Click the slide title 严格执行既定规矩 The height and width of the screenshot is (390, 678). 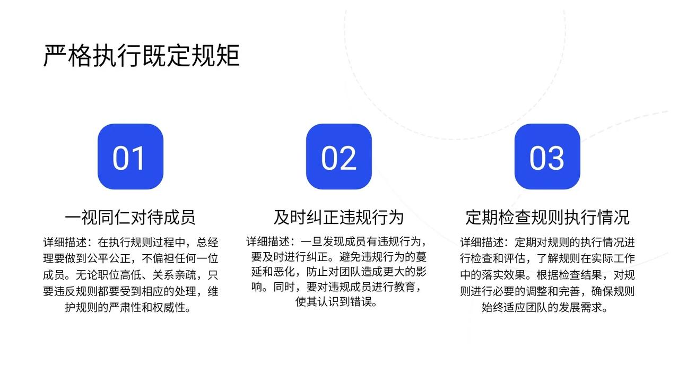coord(141,56)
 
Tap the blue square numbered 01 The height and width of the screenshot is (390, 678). coord(130,157)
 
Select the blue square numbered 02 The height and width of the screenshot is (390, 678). coord(338,157)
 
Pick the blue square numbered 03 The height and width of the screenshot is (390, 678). coord(547,157)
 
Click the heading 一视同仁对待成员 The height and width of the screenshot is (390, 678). coord(130,217)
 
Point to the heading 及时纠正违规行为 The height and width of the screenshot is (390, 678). coord(338,217)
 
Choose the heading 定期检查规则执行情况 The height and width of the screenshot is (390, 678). coord(547,217)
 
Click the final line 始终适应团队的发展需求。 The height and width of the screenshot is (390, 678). coord(545,308)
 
